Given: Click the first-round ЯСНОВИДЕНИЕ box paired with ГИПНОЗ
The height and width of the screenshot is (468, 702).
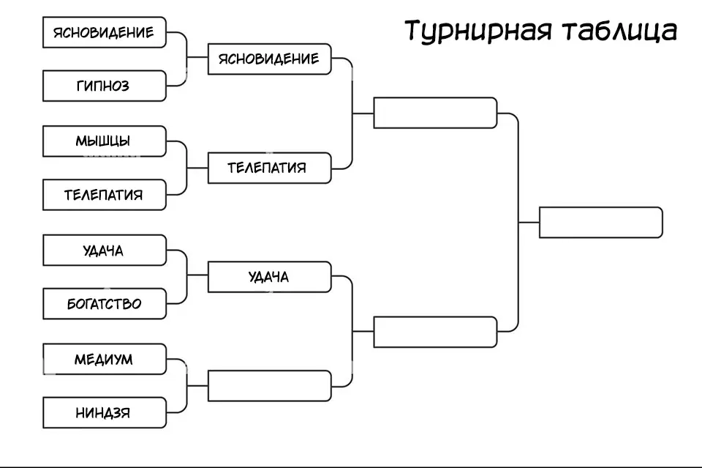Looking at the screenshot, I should (105, 32).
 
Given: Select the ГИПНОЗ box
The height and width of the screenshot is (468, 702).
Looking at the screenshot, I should (105, 86).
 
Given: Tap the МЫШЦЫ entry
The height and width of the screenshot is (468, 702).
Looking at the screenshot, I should (105, 141).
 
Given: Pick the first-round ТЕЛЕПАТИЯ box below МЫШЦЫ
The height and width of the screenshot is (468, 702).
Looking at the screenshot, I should (105, 195).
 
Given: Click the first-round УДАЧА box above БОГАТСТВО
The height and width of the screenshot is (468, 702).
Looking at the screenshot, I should (105, 250).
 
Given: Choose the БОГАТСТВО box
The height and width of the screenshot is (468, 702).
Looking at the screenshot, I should (105, 303).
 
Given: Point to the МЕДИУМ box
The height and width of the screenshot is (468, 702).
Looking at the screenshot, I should (105, 360).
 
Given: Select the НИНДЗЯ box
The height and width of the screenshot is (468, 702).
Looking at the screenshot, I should (105, 413).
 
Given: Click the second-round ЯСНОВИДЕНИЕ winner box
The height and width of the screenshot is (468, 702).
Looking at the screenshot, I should (270, 59).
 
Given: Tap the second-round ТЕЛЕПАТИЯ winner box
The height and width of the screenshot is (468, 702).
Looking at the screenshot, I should (270, 168).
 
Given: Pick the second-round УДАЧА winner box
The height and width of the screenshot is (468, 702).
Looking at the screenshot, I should (270, 277).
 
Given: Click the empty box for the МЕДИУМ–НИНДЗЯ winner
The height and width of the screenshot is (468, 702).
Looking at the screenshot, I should (270, 386).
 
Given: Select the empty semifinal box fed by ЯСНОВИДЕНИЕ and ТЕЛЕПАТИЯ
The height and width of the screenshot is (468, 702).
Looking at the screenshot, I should (435, 113).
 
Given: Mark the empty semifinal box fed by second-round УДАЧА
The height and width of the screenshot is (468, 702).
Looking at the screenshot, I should (435, 332).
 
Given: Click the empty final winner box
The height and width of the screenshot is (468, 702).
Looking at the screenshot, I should (600, 222).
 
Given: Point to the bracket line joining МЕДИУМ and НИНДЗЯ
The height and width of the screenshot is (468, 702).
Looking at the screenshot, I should (187, 386).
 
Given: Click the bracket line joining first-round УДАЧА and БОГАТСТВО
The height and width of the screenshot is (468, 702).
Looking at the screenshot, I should (187, 277).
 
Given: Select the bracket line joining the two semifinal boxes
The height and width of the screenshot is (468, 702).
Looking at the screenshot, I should (518, 222).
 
